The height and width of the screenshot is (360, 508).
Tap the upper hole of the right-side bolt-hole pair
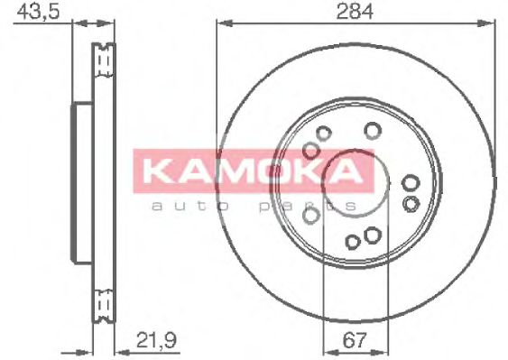click(x=411, y=184)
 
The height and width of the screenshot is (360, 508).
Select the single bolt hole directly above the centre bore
click(x=370, y=131)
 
